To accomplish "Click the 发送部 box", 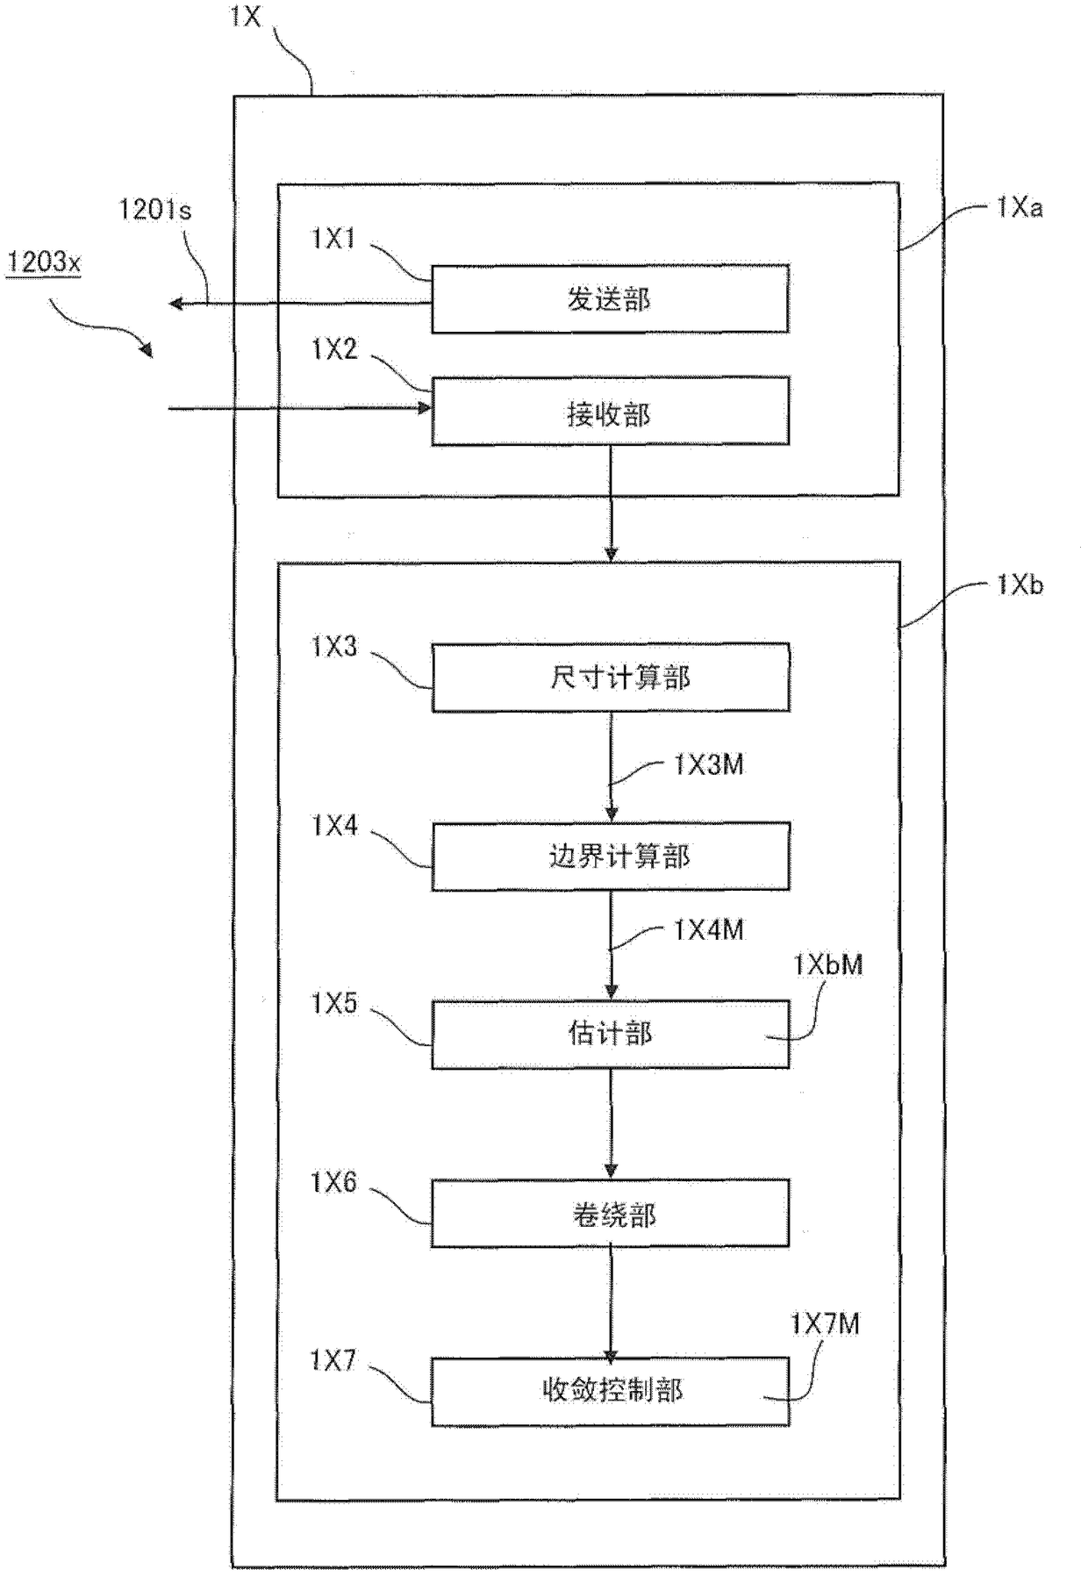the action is pyautogui.click(x=610, y=298).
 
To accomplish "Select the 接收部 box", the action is pyautogui.click(x=610, y=411).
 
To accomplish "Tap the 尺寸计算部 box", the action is pyautogui.click(x=610, y=677).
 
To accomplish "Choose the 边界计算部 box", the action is pyautogui.click(x=610, y=856).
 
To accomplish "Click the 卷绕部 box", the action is pyautogui.click(x=610, y=1214).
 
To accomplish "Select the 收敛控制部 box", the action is pyautogui.click(x=610, y=1391).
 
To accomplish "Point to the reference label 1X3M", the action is pyautogui.click(x=708, y=764).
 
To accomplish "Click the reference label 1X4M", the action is pyautogui.click(x=708, y=929).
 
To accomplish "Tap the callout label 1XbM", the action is pyautogui.click(x=827, y=964).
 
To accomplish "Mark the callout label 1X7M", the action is pyautogui.click(x=825, y=1323).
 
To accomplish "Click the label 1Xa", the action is pyautogui.click(x=1019, y=207).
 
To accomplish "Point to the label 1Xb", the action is pyautogui.click(x=1019, y=584).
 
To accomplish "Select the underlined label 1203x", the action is pyautogui.click(x=44, y=261).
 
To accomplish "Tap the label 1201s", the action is pyautogui.click(x=155, y=210).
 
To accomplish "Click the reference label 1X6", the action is pyautogui.click(x=333, y=1183).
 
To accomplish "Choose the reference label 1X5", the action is pyautogui.click(x=334, y=1003).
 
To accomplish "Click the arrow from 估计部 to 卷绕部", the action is pyautogui.click(x=611, y=1123).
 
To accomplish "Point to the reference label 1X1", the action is pyautogui.click(x=333, y=238).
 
